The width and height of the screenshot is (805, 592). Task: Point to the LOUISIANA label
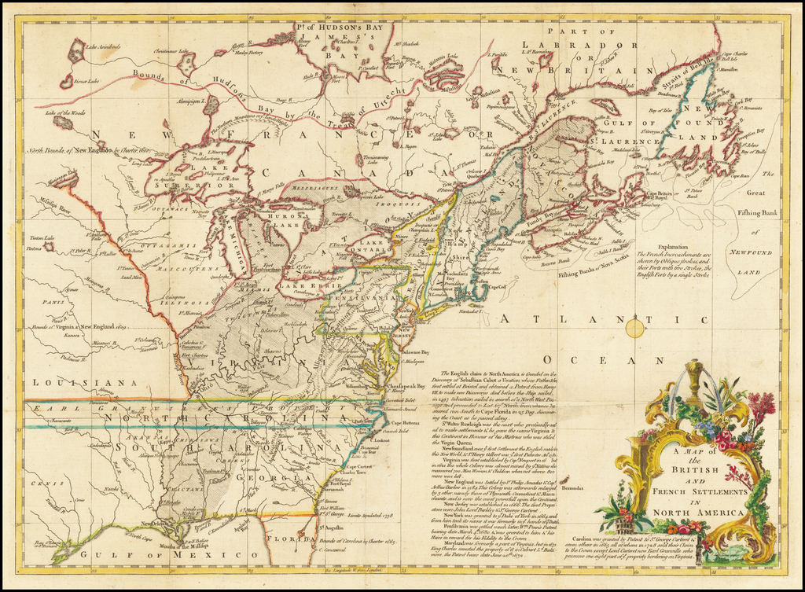point(67,383)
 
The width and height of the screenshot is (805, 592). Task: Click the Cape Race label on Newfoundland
point(738,175)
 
